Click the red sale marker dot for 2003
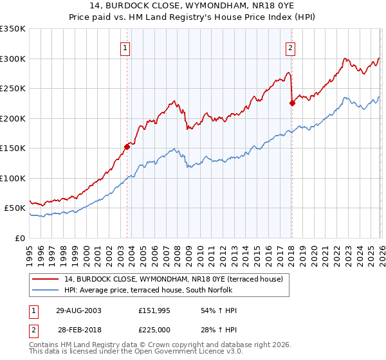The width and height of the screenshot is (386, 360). [127, 147]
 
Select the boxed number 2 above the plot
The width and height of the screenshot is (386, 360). [291, 47]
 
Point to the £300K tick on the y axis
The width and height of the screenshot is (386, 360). [13, 59]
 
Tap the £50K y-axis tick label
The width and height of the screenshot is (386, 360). [15, 208]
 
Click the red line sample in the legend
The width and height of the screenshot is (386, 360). [46, 280]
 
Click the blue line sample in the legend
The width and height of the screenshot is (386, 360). [46, 290]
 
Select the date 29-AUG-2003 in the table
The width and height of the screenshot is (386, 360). [78, 310]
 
